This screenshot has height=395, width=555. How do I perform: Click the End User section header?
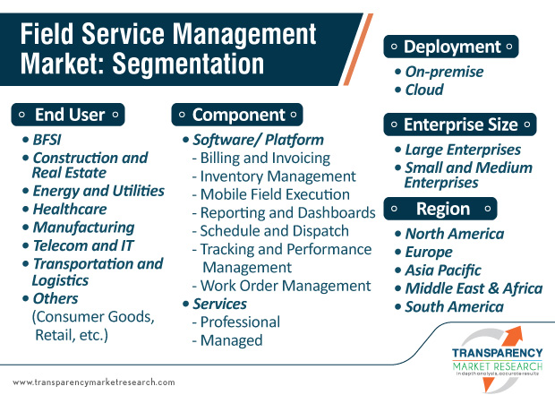[x=68, y=115]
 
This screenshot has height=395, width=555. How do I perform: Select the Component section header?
[x=237, y=115]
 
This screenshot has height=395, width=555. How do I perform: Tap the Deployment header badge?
[x=451, y=47]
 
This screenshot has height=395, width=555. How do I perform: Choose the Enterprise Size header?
[x=460, y=125]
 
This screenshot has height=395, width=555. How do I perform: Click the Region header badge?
[x=440, y=209]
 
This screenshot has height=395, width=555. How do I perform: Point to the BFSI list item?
[x=47, y=140]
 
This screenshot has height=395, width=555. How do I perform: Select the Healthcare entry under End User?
[x=70, y=209]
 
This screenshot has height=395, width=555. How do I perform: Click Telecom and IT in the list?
[x=83, y=245]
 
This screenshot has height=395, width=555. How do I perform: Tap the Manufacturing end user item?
[x=83, y=228]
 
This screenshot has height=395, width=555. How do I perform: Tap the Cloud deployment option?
[x=424, y=90]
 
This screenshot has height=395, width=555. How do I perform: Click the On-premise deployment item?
[x=444, y=72]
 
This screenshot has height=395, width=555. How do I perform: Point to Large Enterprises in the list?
[x=463, y=150]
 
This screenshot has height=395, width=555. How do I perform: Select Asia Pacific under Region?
[x=443, y=270]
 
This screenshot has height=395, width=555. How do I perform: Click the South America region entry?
[x=454, y=307]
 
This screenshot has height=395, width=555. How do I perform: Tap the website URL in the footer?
[x=94, y=382]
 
